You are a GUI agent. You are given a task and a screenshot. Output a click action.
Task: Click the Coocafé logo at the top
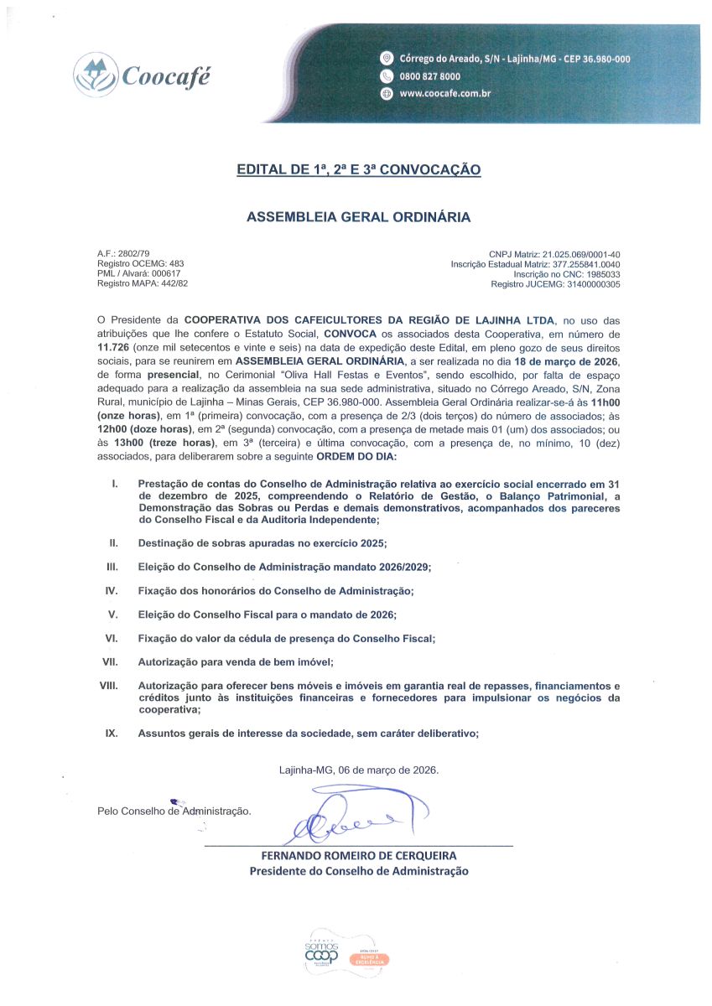pos(142,75)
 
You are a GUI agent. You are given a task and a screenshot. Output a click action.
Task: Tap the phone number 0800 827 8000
pos(429,76)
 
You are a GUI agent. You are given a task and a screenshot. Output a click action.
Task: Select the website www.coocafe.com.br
pos(444,94)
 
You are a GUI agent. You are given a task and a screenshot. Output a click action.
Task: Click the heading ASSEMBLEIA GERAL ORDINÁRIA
pos(358,217)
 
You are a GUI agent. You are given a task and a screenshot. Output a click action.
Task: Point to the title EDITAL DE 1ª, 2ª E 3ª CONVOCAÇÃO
pos(358,170)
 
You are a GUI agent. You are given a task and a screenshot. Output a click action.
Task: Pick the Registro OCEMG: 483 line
pos(140,263)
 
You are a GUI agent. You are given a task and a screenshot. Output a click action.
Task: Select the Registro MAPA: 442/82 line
pos(143,284)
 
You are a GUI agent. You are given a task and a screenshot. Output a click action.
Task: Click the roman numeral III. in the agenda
pos(112,568)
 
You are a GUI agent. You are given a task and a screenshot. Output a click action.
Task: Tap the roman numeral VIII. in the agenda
pos(108,686)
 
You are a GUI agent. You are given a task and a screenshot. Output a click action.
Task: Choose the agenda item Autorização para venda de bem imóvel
pos(236,662)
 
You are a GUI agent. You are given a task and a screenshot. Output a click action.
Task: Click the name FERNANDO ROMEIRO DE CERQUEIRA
pos(359,856)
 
